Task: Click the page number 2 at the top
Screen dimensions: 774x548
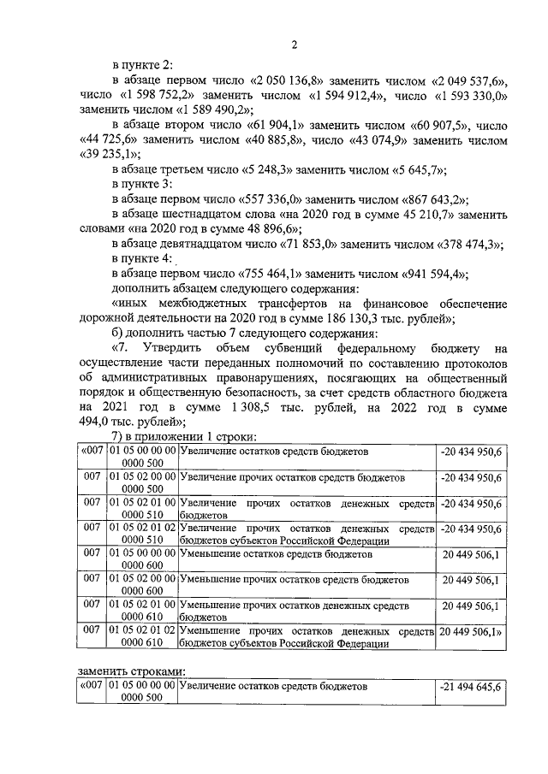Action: pyautogui.click(x=293, y=44)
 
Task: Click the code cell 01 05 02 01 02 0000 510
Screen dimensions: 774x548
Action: pyautogui.click(x=142, y=535)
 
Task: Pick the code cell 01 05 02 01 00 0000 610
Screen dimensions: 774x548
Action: pyautogui.click(x=142, y=610)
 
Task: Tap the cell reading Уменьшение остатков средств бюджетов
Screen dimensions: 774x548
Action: pyautogui.click(x=277, y=553)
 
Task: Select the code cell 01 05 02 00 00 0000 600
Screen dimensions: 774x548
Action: pyautogui.click(x=142, y=585)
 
